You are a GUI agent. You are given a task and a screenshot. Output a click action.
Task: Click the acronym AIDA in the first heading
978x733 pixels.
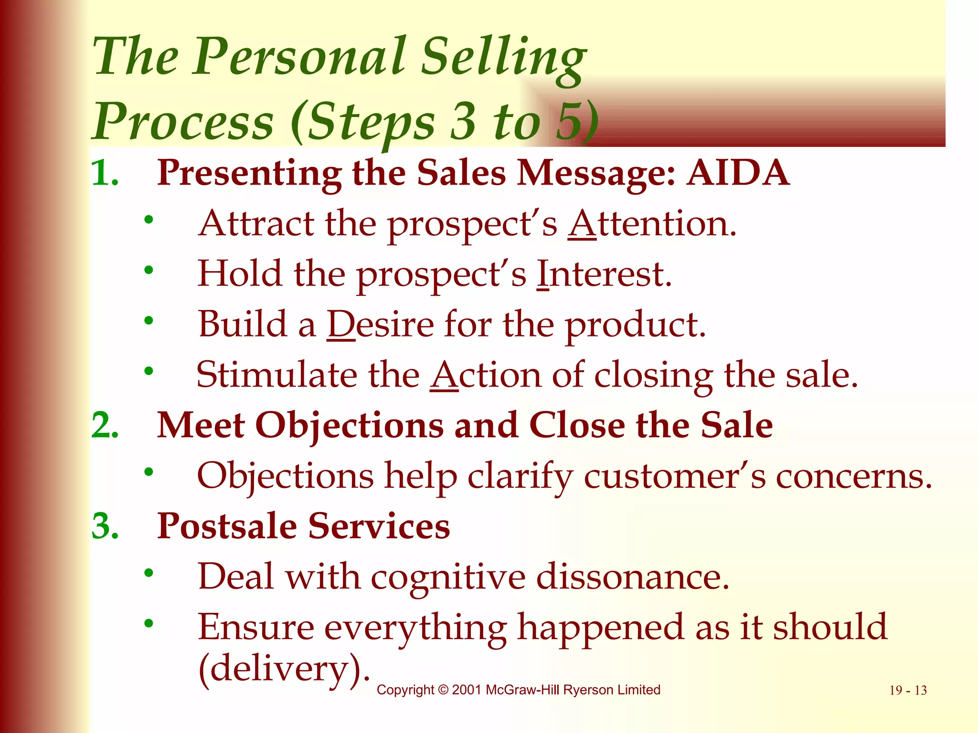(x=738, y=173)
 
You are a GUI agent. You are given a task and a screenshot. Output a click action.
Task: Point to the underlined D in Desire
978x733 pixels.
(x=341, y=325)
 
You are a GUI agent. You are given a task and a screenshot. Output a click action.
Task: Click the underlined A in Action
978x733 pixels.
(x=444, y=375)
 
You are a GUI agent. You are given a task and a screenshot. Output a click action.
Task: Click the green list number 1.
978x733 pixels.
(x=105, y=173)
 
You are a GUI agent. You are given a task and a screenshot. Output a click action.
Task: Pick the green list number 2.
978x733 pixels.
(x=105, y=425)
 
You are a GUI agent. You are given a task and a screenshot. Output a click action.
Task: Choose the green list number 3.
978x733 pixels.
(x=105, y=526)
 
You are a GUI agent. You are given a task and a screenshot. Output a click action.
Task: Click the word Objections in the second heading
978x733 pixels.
(x=349, y=425)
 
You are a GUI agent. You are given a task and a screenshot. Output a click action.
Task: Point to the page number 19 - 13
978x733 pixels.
(x=908, y=691)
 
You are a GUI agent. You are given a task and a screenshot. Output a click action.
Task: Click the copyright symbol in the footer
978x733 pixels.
(x=443, y=690)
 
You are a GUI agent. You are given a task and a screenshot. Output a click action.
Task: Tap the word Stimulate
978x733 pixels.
(x=276, y=375)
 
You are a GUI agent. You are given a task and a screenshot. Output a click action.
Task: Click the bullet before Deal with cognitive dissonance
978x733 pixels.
(x=149, y=573)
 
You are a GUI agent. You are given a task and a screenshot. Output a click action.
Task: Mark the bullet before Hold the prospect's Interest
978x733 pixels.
(x=149, y=270)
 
